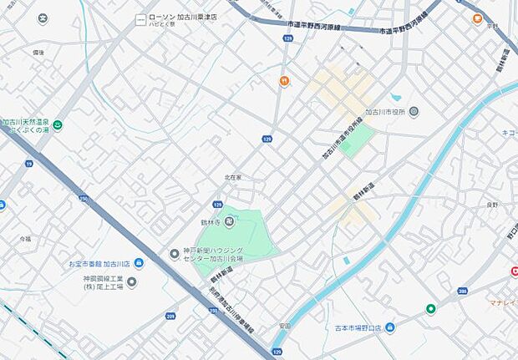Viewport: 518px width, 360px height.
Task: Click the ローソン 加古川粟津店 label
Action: tap(182, 16)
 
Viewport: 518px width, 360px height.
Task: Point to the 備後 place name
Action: tap(38, 52)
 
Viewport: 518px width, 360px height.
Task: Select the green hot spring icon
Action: tap(58, 126)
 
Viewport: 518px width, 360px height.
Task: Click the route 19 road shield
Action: tap(28, 165)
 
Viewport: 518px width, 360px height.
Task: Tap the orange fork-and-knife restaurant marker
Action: tap(285, 81)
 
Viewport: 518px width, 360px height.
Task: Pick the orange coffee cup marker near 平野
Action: tap(477, 18)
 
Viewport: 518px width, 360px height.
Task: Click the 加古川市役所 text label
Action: tap(384, 111)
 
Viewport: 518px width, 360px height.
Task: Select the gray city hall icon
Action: tap(414, 111)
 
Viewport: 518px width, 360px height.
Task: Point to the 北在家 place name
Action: tap(232, 177)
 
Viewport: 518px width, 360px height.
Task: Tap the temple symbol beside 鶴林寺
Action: tap(230, 221)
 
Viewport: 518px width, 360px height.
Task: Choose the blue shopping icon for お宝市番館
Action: tap(139, 263)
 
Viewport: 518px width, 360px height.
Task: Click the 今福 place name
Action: tap(24, 238)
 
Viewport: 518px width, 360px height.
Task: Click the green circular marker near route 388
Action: tap(431, 309)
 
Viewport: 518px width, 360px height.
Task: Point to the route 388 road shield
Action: tap(462, 291)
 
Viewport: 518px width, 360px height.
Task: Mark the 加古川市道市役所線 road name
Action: tap(343, 139)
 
